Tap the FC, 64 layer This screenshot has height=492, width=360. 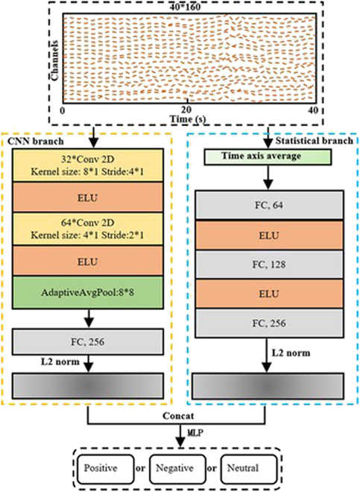coord(268,204)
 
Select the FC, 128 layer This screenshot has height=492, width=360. coord(268,265)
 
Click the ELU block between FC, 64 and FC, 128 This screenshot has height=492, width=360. coord(268,234)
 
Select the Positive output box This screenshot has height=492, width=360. coord(103,467)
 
